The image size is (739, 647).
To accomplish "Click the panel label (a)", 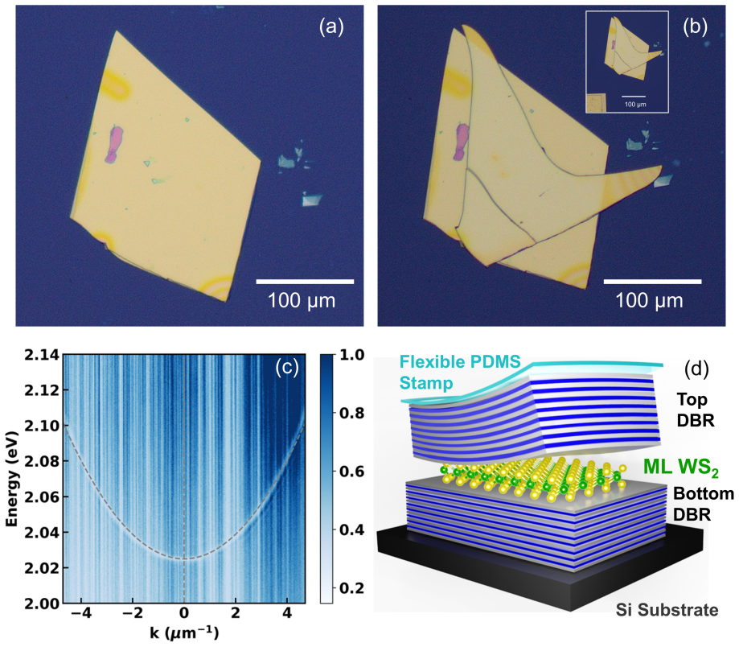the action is pos(331,27).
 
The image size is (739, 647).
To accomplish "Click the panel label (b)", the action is pos(695,27).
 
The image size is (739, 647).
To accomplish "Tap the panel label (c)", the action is pos(287,367).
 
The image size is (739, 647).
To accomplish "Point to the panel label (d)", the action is pos(696,369).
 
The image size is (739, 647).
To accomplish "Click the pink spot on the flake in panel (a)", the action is pos(113,144).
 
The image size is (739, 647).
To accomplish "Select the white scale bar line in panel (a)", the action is pos(305,282).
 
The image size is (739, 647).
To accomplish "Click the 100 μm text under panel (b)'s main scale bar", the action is pos(649,300).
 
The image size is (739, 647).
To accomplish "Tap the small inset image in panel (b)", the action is pos(627,62).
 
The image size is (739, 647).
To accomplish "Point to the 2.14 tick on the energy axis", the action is pos(43,355).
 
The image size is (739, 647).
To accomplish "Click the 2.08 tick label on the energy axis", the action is pos(43,461).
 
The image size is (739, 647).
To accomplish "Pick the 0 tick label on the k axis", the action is pos(184,613).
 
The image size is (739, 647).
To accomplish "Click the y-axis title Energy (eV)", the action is pos(12,479).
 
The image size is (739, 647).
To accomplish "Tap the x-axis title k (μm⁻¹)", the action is pos(184,633).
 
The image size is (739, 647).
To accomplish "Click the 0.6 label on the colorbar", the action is pos(351,472).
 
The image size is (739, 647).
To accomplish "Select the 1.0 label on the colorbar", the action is pos(351,355).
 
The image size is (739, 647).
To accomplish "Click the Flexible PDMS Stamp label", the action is pos(460,372).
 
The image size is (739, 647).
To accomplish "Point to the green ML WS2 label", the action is pos(681,468).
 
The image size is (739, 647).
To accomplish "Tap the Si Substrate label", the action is pos(667,610).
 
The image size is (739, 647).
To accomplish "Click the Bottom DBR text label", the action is pos(703,504).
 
